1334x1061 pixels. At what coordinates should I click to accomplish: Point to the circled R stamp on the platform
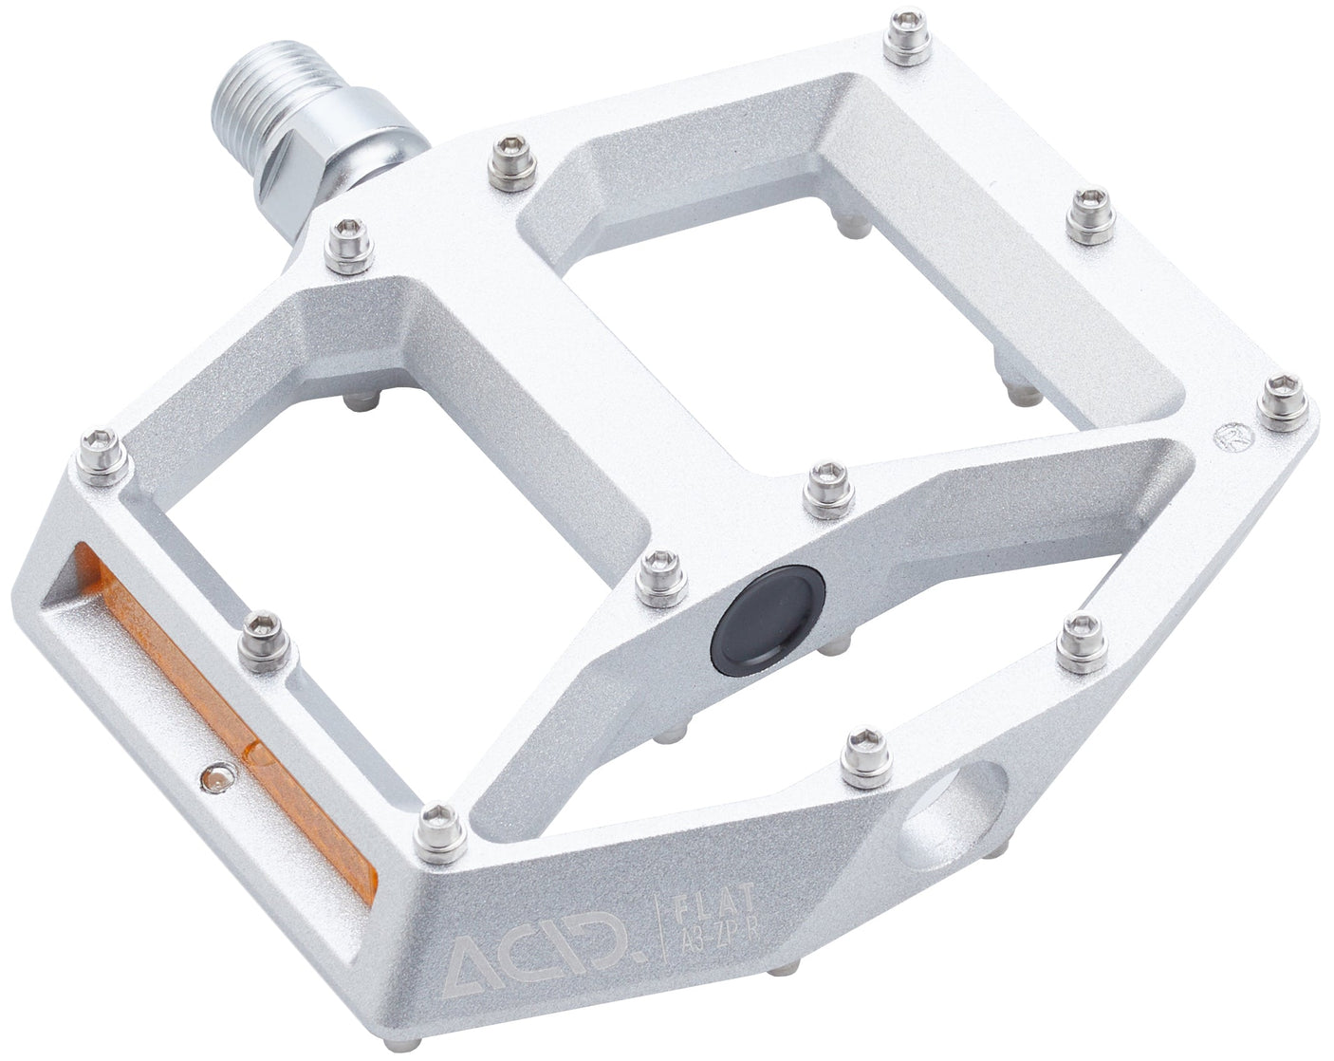1231,437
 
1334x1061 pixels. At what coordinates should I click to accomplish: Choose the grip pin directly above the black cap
826,489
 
